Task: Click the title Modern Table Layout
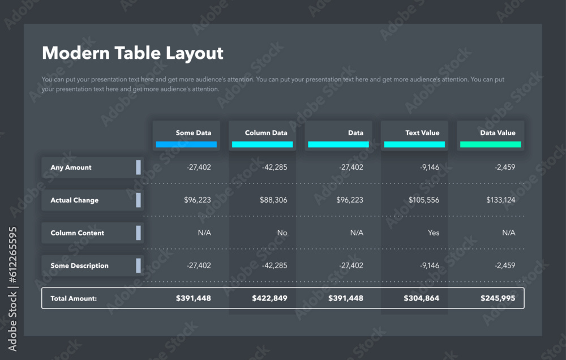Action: tap(132, 53)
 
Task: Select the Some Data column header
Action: tap(193, 133)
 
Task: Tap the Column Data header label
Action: tap(266, 133)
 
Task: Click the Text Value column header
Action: tap(422, 133)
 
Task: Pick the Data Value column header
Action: tap(498, 133)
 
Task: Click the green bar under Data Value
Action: tap(490, 144)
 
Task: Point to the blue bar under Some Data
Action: tap(186, 144)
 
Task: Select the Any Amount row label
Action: tap(71, 168)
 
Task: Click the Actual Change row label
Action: tap(74, 200)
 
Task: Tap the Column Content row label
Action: tap(78, 233)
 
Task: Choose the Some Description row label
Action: tap(79, 266)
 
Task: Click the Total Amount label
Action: tap(74, 298)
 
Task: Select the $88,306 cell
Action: tap(273, 200)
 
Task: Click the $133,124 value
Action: tap(500, 200)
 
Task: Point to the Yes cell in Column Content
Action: tap(433, 233)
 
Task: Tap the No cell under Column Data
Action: tap(282, 233)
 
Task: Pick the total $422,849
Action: tap(269, 298)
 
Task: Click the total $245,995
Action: tap(498, 298)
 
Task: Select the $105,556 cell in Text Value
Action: tap(423, 200)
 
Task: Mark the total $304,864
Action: tap(421, 298)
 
